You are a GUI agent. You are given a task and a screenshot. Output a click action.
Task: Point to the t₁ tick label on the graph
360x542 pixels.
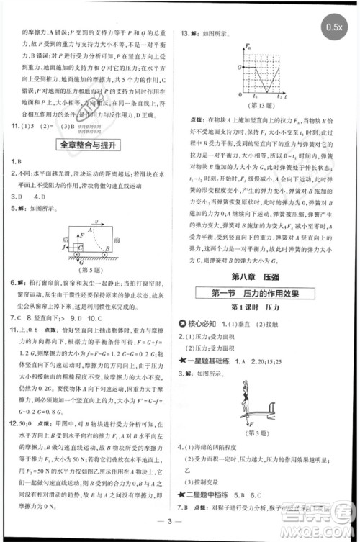[x=256, y=95]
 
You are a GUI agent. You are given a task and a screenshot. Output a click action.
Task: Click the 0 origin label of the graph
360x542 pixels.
[x=239, y=95]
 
